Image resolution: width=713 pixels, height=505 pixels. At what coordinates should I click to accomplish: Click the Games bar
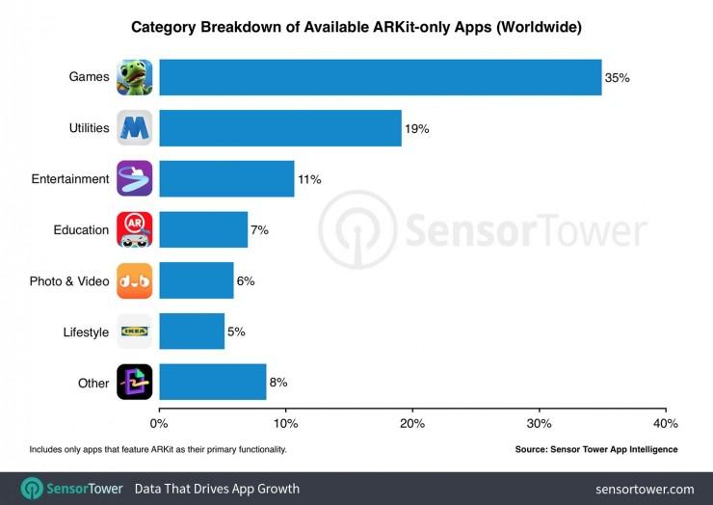(380, 77)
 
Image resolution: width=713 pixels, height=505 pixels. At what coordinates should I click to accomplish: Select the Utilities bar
(279, 128)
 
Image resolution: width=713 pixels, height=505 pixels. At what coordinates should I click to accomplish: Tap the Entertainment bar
(226, 179)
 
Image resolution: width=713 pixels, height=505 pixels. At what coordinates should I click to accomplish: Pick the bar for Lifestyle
(192, 332)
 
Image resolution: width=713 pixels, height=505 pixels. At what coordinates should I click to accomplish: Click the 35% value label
(617, 77)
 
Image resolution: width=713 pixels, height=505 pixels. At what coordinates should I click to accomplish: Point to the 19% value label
(416, 128)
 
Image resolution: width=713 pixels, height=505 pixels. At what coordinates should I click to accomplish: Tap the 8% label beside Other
(278, 383)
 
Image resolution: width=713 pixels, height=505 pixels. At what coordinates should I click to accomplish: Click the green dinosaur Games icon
(135, 77)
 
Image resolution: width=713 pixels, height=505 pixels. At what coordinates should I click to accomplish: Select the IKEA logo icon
(135, 332)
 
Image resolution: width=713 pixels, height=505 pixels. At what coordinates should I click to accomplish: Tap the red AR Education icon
(135, 229)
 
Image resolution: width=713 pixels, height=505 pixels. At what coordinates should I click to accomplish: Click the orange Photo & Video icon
(135, 280)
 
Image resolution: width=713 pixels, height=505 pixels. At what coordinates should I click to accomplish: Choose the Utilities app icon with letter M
(135, 128)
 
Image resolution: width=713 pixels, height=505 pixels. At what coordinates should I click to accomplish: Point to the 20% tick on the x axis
(412, 424)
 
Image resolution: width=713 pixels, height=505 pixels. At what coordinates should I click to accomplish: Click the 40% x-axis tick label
(665, 424)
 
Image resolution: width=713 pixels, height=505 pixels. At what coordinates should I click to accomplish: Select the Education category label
(81, 230)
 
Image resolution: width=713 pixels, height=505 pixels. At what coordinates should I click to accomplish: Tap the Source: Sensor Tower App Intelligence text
(596, 450)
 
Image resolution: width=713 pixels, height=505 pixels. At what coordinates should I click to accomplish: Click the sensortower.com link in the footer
(645, 489)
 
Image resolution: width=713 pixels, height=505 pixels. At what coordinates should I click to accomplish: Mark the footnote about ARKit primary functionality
(158, 450)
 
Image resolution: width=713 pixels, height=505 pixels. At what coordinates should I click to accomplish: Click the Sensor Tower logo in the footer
(71, 489)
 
